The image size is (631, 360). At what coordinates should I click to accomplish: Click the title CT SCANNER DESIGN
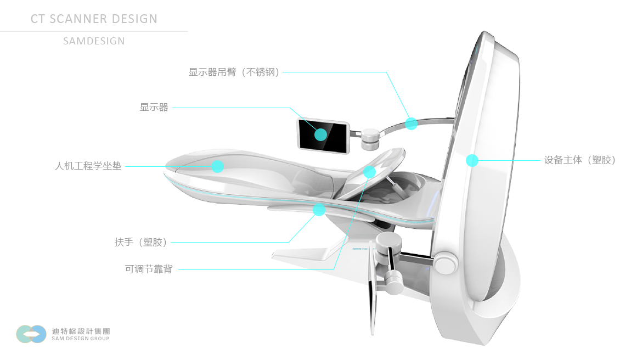tap(94, 19)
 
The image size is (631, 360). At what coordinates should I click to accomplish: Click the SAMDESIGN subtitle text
tap(94, 41)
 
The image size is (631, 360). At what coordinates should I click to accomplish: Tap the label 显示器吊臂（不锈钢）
tap(234, 72)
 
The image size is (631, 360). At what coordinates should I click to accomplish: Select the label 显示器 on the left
tap(154, 108)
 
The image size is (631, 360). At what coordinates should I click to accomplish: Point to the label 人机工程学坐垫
tap(88, 166)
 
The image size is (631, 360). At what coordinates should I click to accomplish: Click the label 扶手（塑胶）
tap(141, 242)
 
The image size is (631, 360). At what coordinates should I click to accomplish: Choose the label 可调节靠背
tap(149, 269)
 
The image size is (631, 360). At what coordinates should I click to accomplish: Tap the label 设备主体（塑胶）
tap(580, 160)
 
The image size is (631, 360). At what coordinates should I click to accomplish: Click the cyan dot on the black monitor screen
tap(320, 134)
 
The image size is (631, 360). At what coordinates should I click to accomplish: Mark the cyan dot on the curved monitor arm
tap(411, 123)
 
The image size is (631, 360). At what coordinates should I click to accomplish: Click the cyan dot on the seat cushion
tap(218, 166)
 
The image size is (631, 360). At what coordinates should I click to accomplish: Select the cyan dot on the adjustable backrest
tap(369, 172)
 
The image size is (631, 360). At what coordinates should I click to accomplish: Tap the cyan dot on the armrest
tap(319, 210)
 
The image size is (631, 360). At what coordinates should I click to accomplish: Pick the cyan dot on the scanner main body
tap(472, 160)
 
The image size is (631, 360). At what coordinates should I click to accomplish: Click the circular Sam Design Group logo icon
tap(31, 334)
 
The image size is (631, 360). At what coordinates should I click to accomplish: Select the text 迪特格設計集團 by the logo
tap(81, 331)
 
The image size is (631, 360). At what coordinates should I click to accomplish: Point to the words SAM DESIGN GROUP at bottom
tap(81, 339)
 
